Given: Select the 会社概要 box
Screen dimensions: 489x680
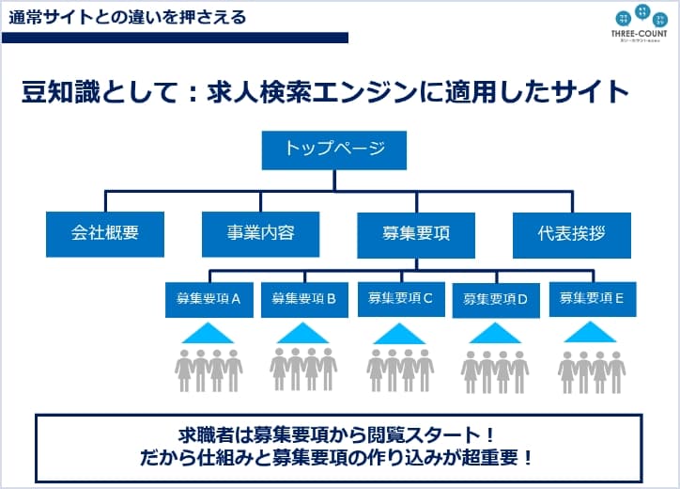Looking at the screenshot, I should pyautogui.click(x=104, y=234).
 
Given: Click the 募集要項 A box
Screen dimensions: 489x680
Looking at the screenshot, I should pyautogui.click(x=209, y=299).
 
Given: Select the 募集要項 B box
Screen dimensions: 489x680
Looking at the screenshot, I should pyautogui.click(x=304, y=299).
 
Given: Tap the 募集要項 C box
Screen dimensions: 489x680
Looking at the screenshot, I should pyautogui.click(x=400, y=299).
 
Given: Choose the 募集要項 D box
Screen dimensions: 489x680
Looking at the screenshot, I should pyautogui.click(x=496, y=299).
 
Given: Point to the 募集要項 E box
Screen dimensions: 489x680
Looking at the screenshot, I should pyautogui.click(x=593, y=299).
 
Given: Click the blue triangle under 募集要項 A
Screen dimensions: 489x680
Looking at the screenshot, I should pyautogui.click(x=209, y=334).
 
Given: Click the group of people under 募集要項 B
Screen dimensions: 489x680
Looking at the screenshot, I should pyautogui.click(x=304, y=370).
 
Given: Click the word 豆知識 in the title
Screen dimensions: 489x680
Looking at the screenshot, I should pyautogui.click(x=58, y=92).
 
